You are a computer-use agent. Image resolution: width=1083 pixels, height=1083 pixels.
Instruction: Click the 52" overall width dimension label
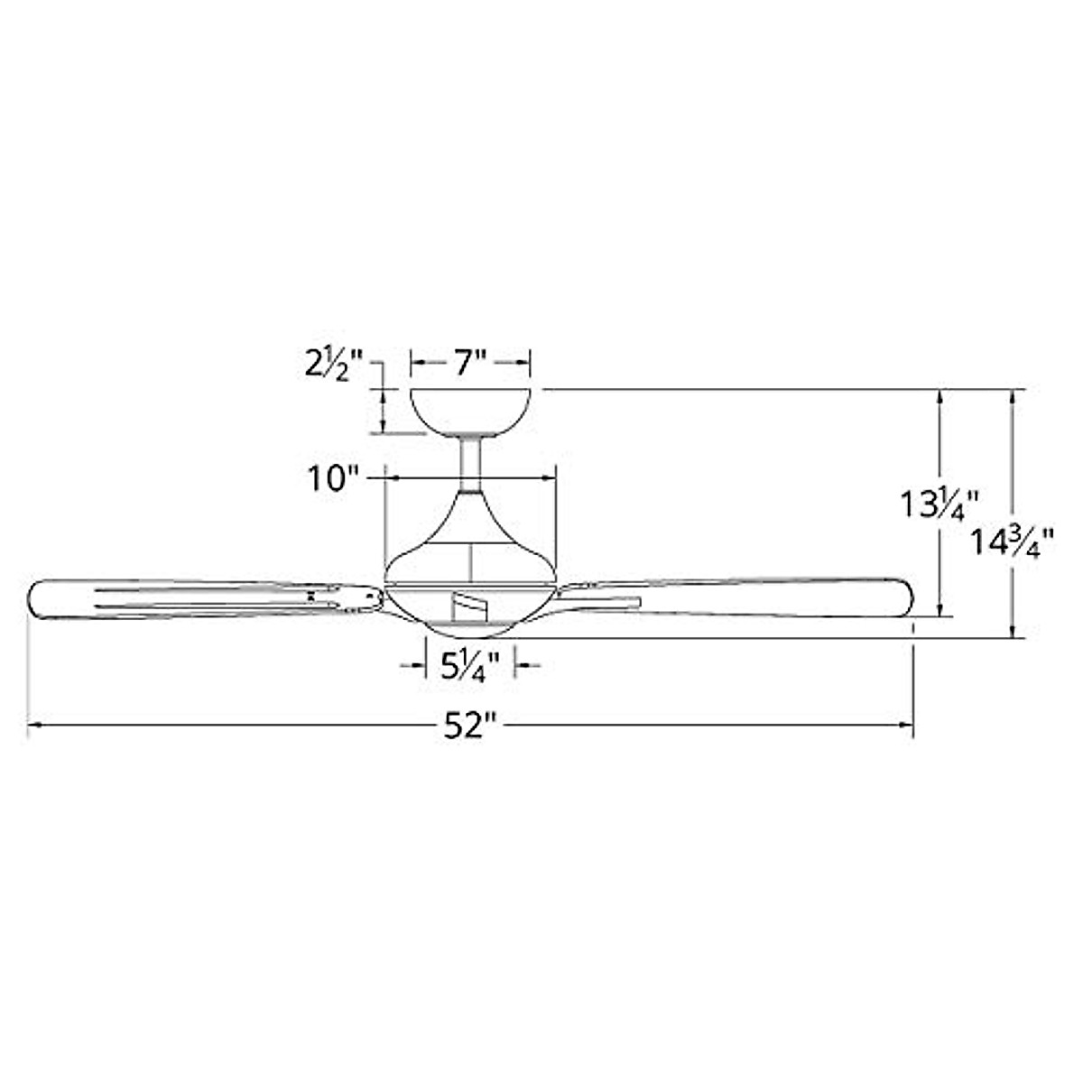pos(471,727)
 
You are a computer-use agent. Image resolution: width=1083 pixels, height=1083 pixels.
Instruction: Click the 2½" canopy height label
pos(334,366)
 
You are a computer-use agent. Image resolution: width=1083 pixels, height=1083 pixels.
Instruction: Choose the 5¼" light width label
pos(470,667)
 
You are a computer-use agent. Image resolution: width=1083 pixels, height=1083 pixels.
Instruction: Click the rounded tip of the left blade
pos(32,599)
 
